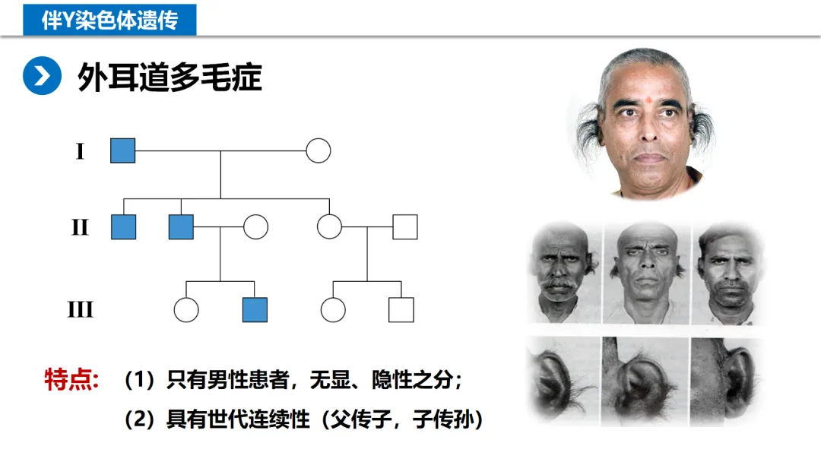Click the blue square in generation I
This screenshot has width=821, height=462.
click(x=122, y=150)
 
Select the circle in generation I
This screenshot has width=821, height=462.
click(x=319, y=150)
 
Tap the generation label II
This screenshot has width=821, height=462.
click(x=80, y=227)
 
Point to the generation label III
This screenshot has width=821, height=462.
click(x=80, y=310)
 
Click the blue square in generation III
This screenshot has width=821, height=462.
click(x=255, y=309)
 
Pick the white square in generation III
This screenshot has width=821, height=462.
click(x=401, y=309)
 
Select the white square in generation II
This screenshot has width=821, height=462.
click(x=404, y=226)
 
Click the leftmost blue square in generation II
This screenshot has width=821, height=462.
click(x=123, y=226)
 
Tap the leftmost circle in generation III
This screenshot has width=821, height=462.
click(x=186, y=309)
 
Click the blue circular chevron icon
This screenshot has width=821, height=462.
click(x=41, y=76)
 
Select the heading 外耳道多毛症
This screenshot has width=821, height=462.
click(x=170, y=77)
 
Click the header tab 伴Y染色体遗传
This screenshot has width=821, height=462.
click(x=109, y=19)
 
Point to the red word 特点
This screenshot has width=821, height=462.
click(x=71, y=380)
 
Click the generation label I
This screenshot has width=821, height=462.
click(x=80, y=151)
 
